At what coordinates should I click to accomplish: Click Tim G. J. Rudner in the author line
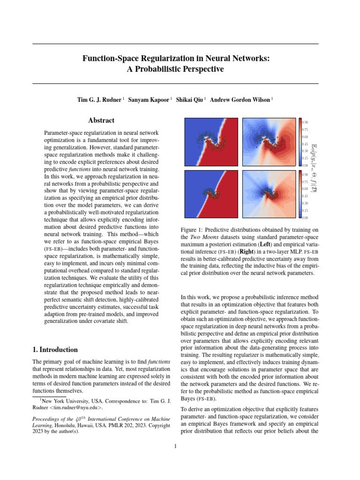(x=99, y=100)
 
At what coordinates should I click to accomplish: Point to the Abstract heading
(x=102, y=120)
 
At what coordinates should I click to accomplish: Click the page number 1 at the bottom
(x=175, y=446)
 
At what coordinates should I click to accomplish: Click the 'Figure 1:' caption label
(x=192, y=230)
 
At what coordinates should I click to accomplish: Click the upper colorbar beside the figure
(x=300, y=142)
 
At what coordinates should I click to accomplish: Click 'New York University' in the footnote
(x=62, y=401)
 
